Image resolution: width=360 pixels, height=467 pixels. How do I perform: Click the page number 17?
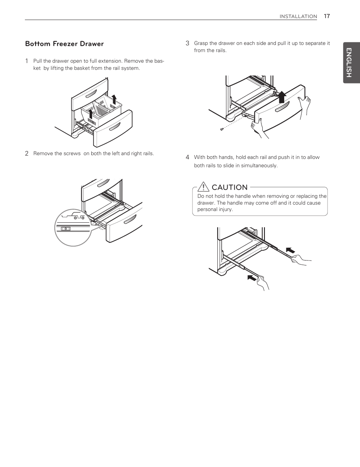tap(327, 16)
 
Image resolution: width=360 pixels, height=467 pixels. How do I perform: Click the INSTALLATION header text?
tap(298, 16)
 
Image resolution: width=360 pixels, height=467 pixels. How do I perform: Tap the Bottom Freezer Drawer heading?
tap(64, 44)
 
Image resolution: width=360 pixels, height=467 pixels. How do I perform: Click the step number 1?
tap(27, 61)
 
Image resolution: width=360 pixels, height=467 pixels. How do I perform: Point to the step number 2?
tap(27, 153)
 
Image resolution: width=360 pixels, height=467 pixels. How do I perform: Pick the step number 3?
tap(187, 43)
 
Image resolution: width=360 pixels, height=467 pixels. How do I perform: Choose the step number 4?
tap(187, 157)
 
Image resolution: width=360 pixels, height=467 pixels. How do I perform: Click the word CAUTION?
tap(229, 187)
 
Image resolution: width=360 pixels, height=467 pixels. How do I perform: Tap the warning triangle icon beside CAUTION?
tap(203, 186)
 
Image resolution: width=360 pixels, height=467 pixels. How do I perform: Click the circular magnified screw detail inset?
tap(73, 228)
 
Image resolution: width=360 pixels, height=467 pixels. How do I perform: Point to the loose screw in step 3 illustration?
tap(222, 129)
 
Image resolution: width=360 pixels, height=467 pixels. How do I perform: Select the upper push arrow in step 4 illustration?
tap(290, 250)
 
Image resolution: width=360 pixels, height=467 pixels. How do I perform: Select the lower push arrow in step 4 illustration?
tap(252, 278)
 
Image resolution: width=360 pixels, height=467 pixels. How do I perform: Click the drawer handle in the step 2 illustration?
tap(129, 220)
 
